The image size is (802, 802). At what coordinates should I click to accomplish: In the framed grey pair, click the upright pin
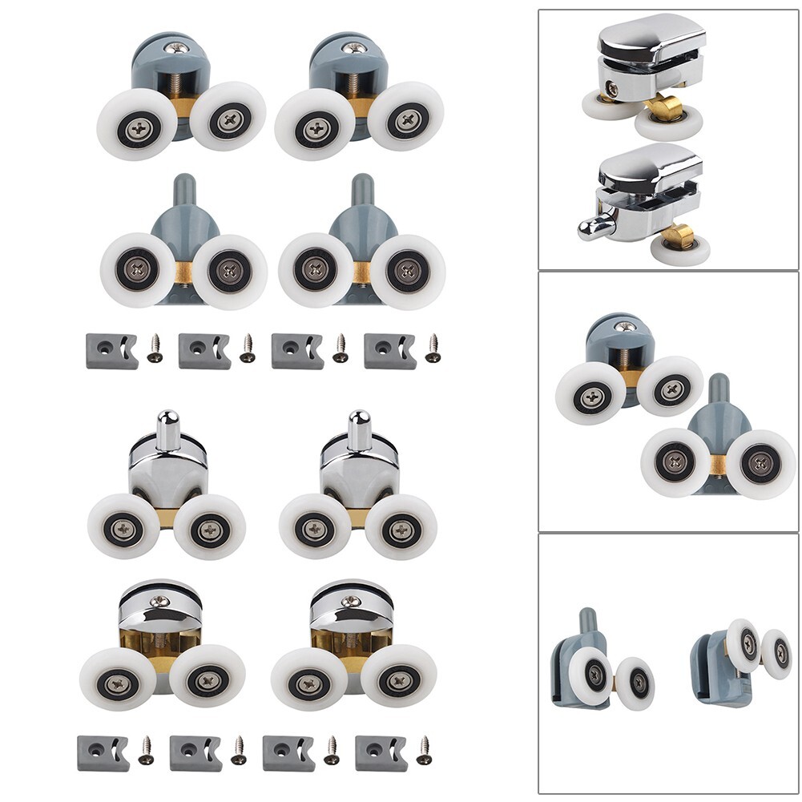click(x=719, y=388)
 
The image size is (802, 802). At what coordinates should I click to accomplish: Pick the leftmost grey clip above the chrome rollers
click(x=111, y=351)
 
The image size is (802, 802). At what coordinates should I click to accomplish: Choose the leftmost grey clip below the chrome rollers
click(x=103, y=753)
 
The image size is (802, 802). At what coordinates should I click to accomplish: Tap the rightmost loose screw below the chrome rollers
click(x=424, y=749)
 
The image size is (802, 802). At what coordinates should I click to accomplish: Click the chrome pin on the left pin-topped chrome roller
click(x=167, y=429)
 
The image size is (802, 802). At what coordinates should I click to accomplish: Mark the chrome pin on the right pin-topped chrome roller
click(x=359, y=429)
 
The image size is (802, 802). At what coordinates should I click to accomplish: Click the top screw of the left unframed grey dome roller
click(x=175, y=48)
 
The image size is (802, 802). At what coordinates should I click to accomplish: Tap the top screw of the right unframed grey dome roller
click(x=353, y=48)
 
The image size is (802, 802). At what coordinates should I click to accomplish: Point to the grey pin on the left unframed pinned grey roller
click(x=183, y=189)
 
